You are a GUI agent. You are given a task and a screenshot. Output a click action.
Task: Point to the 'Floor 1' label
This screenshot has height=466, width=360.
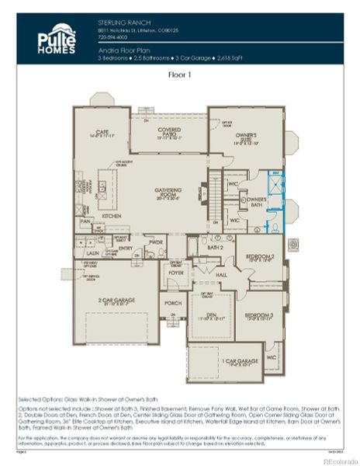pos(180,75)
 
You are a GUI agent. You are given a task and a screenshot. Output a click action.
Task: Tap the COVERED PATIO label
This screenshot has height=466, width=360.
pos(168,133)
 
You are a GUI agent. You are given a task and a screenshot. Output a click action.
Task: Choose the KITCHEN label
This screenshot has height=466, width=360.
pos(112,215)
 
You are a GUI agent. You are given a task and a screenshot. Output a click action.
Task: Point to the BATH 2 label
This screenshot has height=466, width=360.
pos(216,246)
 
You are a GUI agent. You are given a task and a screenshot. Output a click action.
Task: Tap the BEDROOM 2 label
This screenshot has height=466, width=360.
pos(260,256)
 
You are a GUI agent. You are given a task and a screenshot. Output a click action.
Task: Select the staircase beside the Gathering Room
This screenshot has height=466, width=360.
pos(216,190)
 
